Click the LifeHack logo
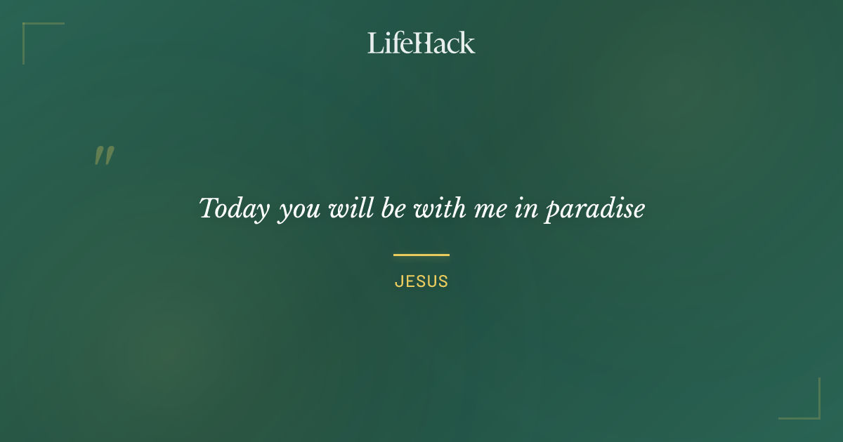click(x=421, y=43)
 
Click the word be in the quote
click(x=393, y=208)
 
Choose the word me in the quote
click(x=491, y=210)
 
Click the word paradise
click(x=595, y=209)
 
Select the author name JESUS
click(x=421, y=282)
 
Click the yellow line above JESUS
click(x=421, y=255)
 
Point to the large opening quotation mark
click(x=104, y=156)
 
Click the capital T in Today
click(x=208, y=208)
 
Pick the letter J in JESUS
click(x=398, y=282)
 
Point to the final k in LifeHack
click(x=467, y=43)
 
